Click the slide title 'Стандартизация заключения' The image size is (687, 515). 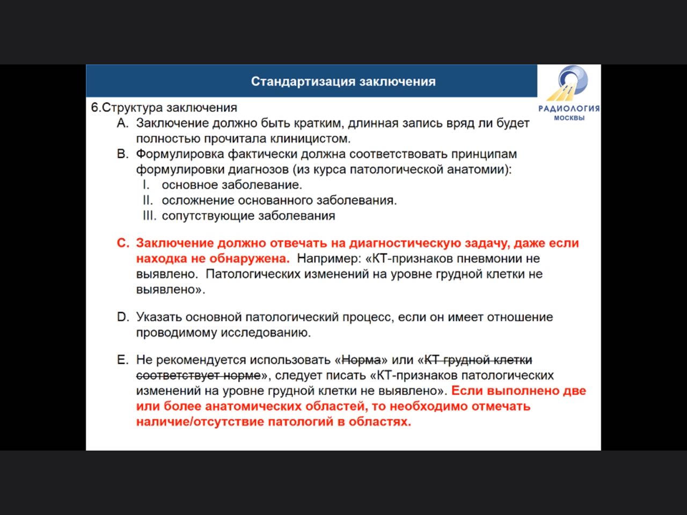point(343,82)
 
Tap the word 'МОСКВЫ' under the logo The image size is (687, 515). point(569,118)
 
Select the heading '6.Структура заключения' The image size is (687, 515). point(164,107)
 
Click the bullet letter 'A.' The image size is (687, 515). point(123,123)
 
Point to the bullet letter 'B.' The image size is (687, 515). point(123,154)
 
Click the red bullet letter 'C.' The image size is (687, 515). point(123,243)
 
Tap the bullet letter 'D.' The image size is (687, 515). point(123,317)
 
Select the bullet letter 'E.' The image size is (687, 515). point(123,359)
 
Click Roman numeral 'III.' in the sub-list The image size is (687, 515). point(149,216)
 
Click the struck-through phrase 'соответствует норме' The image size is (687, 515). point(198,375)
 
